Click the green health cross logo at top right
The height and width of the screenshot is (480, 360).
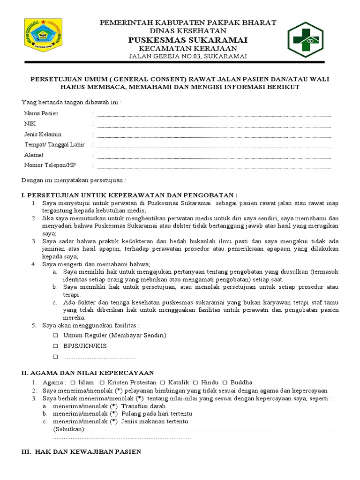click(x=305, y=39)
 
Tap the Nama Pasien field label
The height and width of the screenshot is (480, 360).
click(x=41, y=113)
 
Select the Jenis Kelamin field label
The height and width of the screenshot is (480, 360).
click(x=43, y=134)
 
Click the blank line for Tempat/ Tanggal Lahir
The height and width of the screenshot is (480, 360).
click(x=213, y=146)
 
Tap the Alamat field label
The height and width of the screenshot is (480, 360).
click(x=34, y=155)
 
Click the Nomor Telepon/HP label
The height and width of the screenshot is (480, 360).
click(x=49, y=165)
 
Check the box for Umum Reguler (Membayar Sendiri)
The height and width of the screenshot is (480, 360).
click(x=55, y=336)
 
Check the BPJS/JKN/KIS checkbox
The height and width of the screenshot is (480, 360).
click(x=55, y=346)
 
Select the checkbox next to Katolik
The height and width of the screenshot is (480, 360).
click(x=163, y=382)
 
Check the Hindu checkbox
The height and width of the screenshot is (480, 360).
click(x=195, y=382)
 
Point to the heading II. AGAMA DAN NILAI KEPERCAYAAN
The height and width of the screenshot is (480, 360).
click(x=88, y=373)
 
